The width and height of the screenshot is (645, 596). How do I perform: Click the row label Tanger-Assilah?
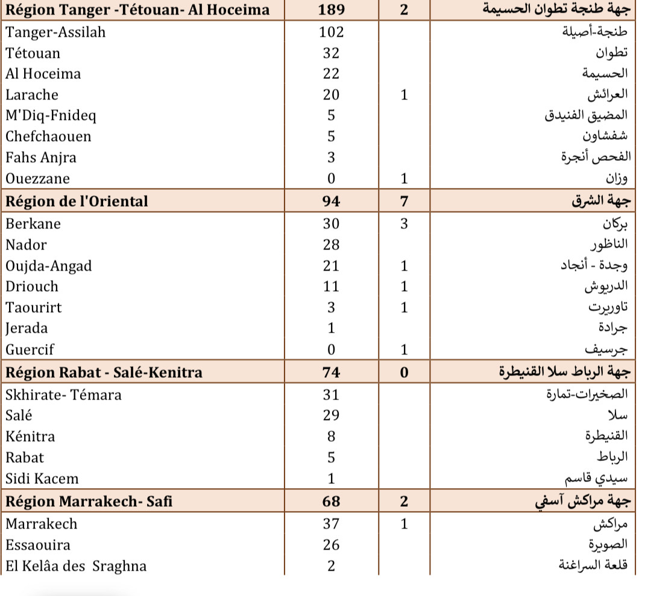[x=55, y=33]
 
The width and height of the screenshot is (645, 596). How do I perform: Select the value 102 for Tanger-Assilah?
[x=331, y=33]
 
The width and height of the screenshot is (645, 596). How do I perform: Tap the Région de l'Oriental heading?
[x=77, y=201]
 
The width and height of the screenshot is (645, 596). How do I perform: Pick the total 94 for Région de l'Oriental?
[x=331, y=201]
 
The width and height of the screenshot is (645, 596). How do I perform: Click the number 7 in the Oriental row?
[x=404, y=201]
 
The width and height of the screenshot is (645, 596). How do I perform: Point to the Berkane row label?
[x=33, y=224]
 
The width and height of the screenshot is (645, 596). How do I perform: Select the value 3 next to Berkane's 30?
[x=404, y=224]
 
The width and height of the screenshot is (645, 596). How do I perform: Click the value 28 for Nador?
[x=331, y=245]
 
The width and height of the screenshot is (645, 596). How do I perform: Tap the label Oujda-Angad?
[x=49, y=266]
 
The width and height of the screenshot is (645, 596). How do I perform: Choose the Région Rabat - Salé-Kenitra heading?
[x=104, y=372]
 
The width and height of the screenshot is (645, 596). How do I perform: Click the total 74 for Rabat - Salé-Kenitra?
[x=331, y=372]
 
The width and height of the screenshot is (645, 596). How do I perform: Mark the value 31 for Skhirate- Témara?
[x=331, y=395]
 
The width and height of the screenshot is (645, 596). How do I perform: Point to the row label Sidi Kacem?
[x=42, y=479]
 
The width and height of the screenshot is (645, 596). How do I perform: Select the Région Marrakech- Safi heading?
[x=89, y=501]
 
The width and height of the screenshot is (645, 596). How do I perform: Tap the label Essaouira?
[x=38, y=545]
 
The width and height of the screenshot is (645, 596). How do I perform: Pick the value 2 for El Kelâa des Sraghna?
[x=331, y=566]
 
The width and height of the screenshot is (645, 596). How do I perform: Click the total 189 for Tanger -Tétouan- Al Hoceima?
[x=331, y=10]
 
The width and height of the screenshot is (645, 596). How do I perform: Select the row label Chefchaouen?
[x=49, y=137]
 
